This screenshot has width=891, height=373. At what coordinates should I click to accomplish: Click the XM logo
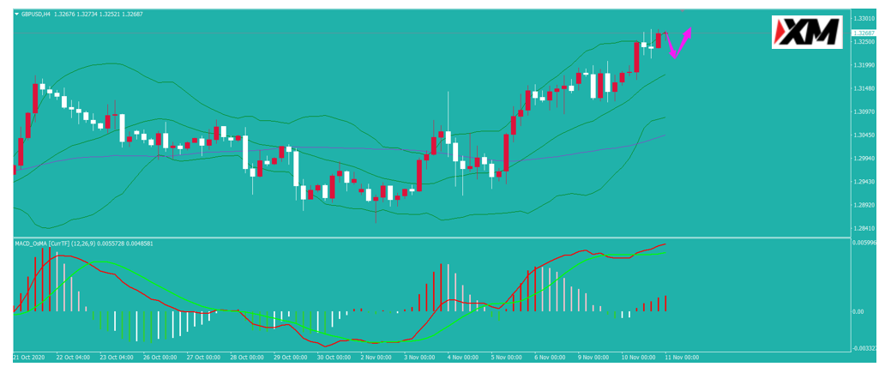(x=807, y=32)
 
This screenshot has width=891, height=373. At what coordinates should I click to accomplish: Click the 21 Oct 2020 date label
(x=28, y=358)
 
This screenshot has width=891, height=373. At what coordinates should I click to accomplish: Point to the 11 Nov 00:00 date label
(x=683, y=358)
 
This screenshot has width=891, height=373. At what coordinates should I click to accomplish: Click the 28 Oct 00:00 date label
(x=247, y=358)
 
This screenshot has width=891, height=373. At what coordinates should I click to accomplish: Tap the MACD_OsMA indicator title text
(x=32, y=244)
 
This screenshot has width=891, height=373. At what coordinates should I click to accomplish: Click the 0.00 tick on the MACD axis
(x=859, y=311)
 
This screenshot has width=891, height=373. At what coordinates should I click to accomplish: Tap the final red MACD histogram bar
(x=665, y=303)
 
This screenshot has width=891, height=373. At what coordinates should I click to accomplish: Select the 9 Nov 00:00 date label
(x=593, y=358)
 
